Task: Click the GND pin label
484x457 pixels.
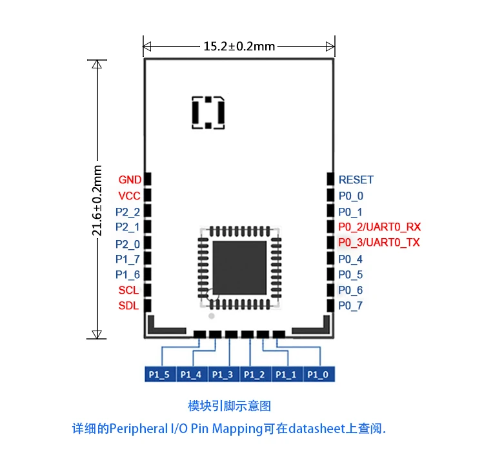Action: [130, 179]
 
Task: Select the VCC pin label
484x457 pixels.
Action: [129, 196]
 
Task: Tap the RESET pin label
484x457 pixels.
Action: [356, 180]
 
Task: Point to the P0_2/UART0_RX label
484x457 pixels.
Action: [379, 227]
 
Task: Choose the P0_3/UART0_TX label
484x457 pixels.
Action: [379, 243]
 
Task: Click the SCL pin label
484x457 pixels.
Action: [128, 290]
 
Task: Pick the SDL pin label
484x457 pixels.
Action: [128, 306]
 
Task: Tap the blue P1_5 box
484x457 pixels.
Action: [159, 374]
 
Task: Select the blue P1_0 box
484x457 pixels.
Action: [319, 374]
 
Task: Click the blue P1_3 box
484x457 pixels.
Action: [223, 374]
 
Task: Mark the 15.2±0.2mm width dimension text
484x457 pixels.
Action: [239, 46]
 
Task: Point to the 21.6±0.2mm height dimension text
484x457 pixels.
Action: [97, 201]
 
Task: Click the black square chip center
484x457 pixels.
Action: [239, 266]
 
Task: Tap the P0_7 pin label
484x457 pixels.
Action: [350, 306]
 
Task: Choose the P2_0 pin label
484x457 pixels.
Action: [127, 244]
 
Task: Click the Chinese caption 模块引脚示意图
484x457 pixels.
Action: [230, 406]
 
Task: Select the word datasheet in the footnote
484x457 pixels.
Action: [316, 428]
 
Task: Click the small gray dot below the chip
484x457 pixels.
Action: [210, 316]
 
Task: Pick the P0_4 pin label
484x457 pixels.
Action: [350, 259]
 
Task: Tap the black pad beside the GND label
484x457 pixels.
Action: [147, 179]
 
